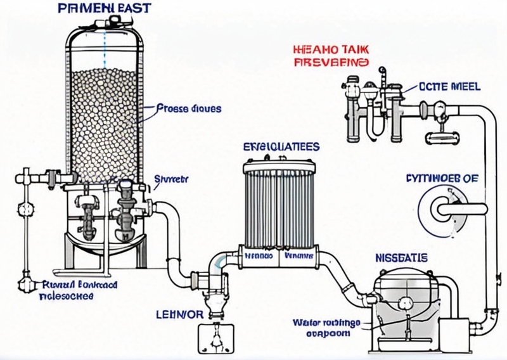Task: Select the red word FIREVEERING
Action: click(330, 62)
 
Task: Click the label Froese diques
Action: click(188, 108)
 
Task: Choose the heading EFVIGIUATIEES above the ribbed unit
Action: click(281, 146)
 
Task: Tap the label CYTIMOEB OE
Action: click(441, 178)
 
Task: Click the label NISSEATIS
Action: click(401, 258)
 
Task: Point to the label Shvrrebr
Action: click(171, 179)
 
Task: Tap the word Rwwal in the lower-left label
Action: click(53, 285)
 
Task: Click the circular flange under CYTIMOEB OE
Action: click(441, 207)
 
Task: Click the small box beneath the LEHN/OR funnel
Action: click(217, 338)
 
